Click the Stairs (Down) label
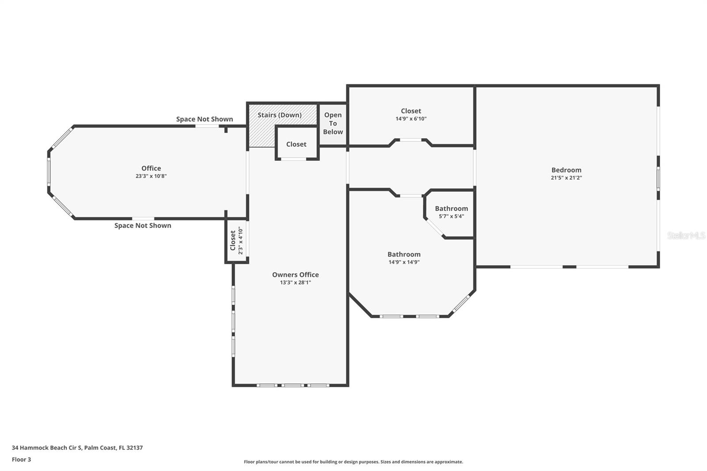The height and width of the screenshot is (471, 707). [279, 115]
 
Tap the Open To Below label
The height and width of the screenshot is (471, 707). [333, 123]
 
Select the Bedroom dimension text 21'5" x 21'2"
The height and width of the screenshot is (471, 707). [566, 178]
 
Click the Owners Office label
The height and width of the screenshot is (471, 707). [295, 274]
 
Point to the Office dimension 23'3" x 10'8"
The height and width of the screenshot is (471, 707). [151, 176]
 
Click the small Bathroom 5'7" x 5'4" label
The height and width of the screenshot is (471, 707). [451, 209]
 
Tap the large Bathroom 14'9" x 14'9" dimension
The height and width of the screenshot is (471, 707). [404, 262]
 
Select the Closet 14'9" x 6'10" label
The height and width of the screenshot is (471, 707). [411, 111]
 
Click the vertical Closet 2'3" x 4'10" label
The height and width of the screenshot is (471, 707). [233, 241]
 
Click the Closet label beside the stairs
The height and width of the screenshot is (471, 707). [296, 144]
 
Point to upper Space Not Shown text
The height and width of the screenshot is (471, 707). [204, 119]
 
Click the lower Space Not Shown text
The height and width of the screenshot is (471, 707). [143, 225]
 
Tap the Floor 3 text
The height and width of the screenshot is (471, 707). [21, 460]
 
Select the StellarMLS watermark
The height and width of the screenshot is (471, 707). [686, 235]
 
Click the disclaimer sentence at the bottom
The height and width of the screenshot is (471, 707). [353, 462]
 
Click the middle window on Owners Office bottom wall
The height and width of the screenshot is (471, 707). [293, 385]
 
